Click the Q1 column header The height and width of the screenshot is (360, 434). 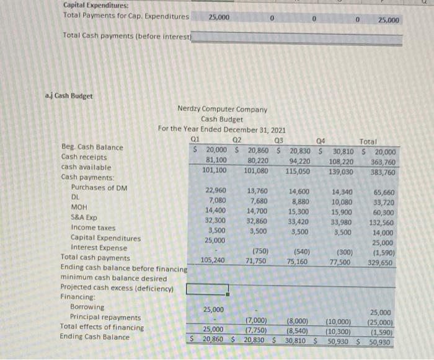point(196,139)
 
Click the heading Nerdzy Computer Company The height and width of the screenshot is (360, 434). point(222,110)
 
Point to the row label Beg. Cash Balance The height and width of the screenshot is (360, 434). point(92,147)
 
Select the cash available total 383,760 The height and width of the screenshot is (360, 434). point(381,172)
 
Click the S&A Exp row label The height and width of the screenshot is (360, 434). point(84,217)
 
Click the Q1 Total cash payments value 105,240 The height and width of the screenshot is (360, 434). point(213,261)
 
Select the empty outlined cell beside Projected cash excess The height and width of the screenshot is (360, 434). point(207,289)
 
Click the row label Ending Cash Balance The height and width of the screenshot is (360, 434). point(95,337)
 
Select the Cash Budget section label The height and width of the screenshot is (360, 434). point(69,96)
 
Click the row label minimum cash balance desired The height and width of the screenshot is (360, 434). point(113,278)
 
